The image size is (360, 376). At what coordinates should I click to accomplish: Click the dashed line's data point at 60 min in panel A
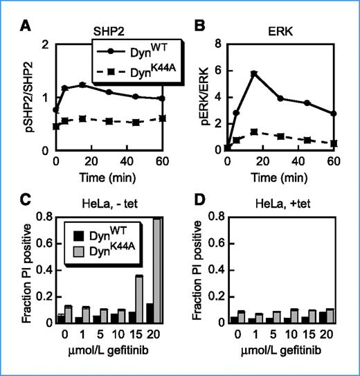163,118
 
